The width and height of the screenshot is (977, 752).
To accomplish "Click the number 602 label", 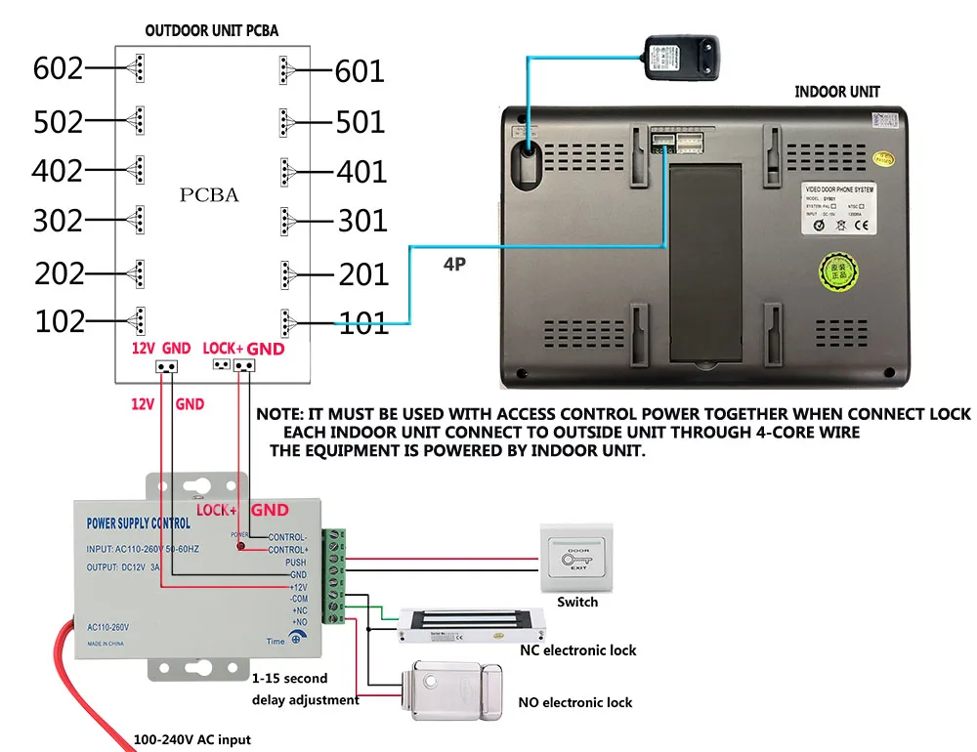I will [x=58, y=69].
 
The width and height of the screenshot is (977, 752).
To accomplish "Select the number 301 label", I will [x=362, y=222].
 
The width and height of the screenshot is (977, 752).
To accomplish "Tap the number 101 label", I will [x=362, y=323].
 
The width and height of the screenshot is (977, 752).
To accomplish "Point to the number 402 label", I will [x=58, y=171].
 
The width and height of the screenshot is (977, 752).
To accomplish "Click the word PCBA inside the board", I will [x=209, y=195].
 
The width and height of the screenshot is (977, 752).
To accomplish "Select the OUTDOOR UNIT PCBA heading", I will [x=212, y=30].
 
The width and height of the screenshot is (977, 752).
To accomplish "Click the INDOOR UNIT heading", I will [x=837, y=92].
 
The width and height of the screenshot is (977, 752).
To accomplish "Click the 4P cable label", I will [x=453, y=263].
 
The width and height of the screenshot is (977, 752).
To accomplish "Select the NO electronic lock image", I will [x=457, y=685].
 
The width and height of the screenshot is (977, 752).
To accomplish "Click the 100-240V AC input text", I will [x=191, y=739].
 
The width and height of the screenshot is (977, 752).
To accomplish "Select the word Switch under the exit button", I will [x=577, y=603].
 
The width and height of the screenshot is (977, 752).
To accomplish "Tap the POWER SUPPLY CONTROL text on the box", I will [x=139, y=523].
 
